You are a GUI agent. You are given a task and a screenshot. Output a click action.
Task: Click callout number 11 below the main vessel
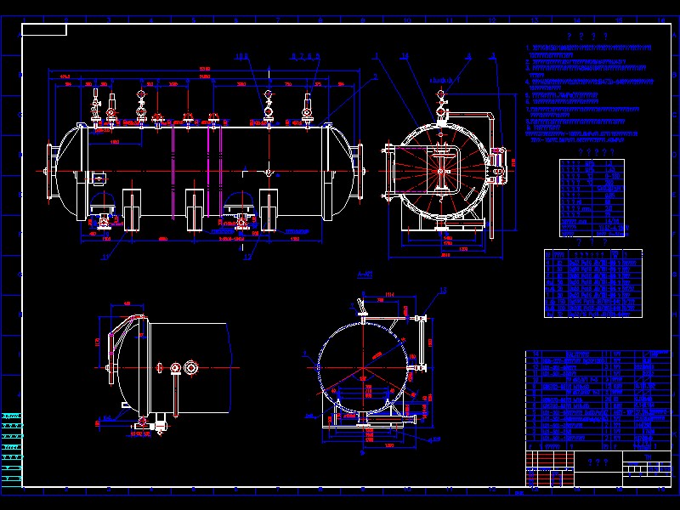click(x=105, y=254)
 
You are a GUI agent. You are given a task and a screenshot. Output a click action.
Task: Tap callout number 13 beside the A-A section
click(x=443, y=291)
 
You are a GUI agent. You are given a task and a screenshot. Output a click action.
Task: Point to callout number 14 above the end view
click(x=405, y=56)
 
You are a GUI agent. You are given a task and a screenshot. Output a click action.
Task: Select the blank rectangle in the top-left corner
click(x=44, y=30)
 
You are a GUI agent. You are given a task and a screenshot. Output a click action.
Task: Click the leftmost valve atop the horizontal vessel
click(x=95, y=109)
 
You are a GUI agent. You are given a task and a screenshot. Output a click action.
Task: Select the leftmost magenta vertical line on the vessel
click(x=173, y=170)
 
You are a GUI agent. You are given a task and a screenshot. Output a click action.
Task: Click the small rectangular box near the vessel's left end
click(x=99, y=178)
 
